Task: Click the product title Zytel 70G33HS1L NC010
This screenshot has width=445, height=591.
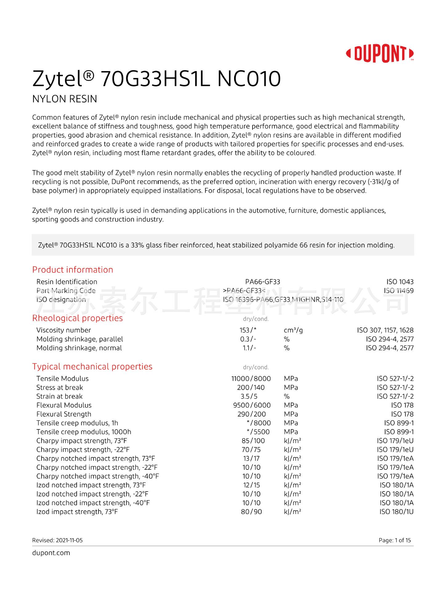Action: pos(156,79)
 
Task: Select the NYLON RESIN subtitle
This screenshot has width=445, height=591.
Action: pos(65,99)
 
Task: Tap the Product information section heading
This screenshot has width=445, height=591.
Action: pos(73,270)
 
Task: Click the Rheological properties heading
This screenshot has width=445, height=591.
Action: pos(77,318)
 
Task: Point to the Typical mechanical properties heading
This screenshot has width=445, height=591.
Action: pos(92,366)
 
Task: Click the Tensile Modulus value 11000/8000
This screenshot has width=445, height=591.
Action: pos(251,379)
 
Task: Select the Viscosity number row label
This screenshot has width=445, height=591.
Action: pos(64,330)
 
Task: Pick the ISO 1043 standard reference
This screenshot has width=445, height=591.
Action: pos(400,282)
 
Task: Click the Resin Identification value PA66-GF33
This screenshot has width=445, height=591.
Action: pos(263,282)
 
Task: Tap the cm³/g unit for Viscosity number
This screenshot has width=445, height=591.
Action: pos(293,330)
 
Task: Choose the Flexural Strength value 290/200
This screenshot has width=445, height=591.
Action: pos(251,414)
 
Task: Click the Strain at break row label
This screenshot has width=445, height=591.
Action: pos(59,396)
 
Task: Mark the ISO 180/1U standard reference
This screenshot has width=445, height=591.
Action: pos(396,512)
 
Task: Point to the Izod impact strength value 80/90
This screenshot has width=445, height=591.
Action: pos(251,512)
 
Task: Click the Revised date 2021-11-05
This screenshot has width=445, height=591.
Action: pos(57,540)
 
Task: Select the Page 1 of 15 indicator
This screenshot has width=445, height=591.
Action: pos(395,540)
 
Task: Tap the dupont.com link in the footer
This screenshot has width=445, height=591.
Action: pos(51,553)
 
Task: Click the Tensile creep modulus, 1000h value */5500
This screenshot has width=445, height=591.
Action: pos(258,432)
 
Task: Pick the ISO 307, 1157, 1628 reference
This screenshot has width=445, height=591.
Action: pos(385,330)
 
